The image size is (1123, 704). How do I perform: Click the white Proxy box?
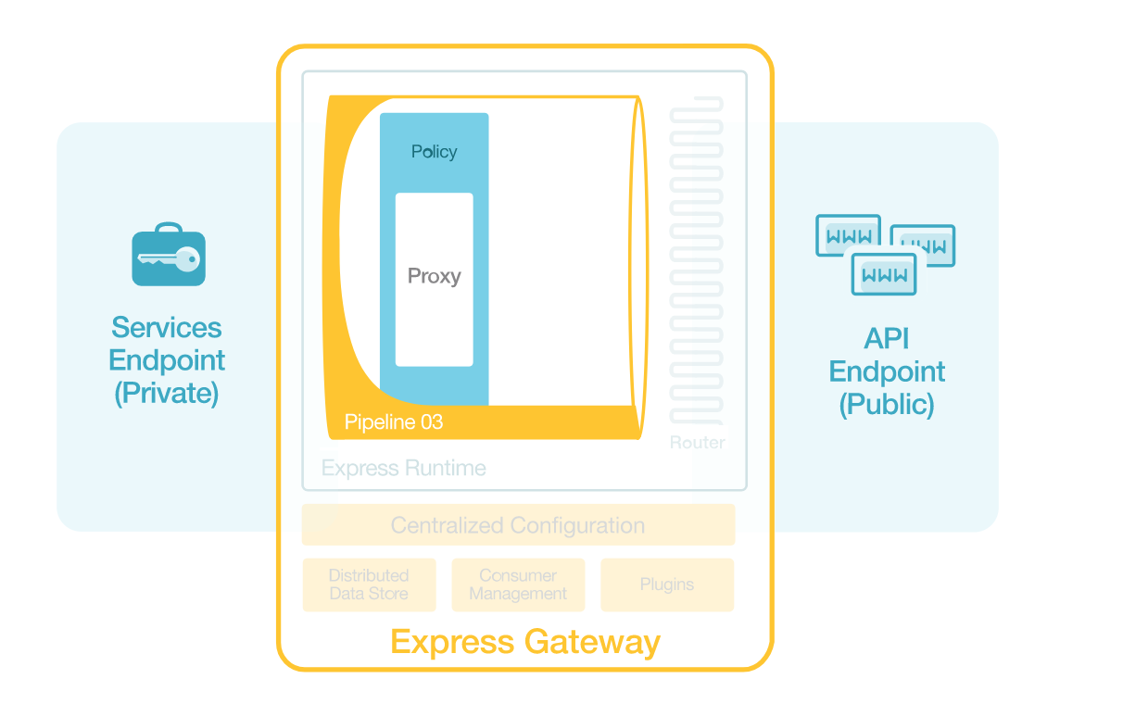tap(434, 279)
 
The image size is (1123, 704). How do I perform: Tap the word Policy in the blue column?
tap(434, 152)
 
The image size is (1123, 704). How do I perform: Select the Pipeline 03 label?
tap(394, 422)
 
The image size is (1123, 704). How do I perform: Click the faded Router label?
tap(697, 443)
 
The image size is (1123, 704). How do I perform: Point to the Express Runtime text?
tap(403, 468)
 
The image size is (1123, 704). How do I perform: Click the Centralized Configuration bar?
tap(518, 525)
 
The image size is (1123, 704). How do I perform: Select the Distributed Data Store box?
tap(369, 585)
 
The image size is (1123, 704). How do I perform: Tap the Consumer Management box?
tap(518, 585)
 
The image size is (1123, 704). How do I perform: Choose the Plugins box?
tap(667, 585)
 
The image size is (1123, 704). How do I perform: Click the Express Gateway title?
tap(524, 642)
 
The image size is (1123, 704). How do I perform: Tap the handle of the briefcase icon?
tap(168, 227)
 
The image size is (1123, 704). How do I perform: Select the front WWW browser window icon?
tap(884, 274)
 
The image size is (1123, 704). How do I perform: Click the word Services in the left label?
tap(167, 328)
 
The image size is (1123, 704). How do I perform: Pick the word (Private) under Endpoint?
tap(167, 394)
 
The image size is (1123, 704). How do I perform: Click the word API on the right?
tap(887, 339)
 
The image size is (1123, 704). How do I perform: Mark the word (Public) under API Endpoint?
tap(887, 405)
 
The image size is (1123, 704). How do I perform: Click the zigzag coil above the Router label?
tap(696, 260)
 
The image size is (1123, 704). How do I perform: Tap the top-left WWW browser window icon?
tap(847, 235)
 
